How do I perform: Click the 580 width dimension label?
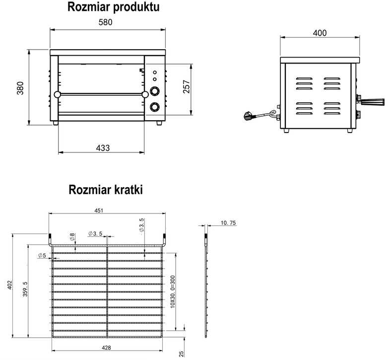105,22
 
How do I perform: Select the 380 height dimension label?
20,88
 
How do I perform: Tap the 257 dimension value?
187,86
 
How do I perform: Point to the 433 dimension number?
103,148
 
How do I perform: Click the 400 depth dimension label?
320,33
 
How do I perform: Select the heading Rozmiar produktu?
113,7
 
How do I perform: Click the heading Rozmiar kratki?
106,190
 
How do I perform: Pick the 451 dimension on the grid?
99,211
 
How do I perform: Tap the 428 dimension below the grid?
106,348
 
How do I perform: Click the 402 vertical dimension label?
9,285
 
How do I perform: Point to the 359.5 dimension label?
25,289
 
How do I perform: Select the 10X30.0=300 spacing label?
173,291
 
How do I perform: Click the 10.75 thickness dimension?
228,223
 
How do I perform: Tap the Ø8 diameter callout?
72,237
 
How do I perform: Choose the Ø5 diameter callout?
42,255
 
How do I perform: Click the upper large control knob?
155,91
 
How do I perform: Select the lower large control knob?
155,107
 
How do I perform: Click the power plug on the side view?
248,116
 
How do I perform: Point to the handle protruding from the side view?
372,101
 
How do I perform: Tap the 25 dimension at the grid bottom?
182,354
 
